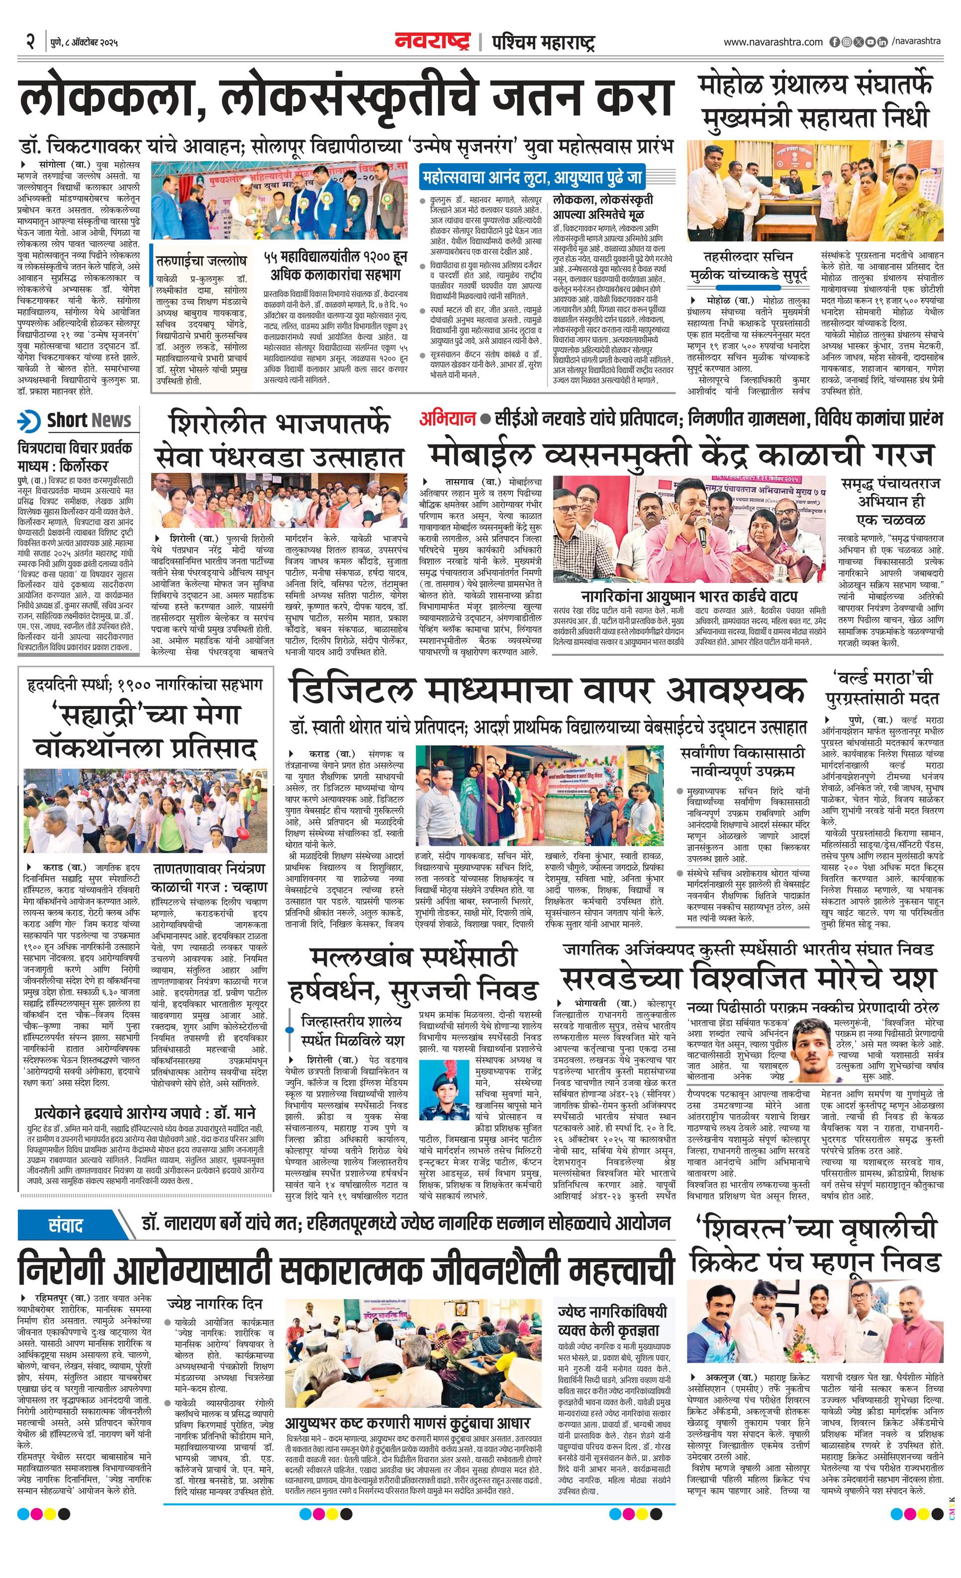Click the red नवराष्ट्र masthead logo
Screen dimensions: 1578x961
point(432,42)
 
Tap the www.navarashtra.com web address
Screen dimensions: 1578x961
point(773,42)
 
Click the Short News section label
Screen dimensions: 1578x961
point(89,421)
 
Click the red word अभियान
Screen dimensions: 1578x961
point(448,419)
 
